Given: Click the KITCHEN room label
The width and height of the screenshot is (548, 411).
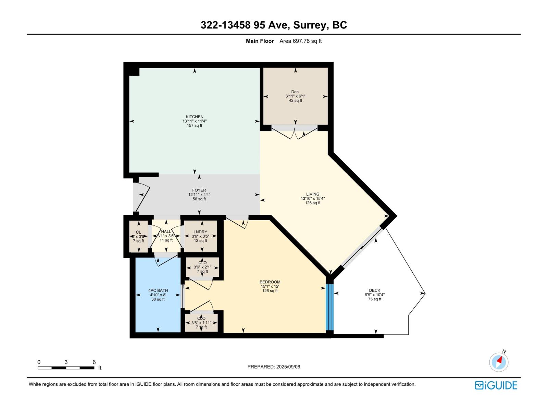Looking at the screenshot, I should (195, 117).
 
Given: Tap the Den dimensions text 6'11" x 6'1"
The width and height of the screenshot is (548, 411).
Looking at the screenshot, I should (295, 96).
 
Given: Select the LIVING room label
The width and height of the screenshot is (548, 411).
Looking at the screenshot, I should (312, 194).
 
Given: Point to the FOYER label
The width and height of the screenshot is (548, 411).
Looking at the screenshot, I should (199, 190).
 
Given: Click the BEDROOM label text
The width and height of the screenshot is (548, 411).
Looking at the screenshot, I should (270, 282).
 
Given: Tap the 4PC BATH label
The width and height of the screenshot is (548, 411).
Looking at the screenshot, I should (158, 290).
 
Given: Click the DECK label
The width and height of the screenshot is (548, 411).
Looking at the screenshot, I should (374, 290).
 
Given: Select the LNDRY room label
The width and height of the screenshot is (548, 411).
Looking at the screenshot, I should (200, 232).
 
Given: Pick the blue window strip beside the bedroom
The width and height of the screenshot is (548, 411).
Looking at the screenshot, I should (329, 307).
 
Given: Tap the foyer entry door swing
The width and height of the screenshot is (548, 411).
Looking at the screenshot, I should (142, 198).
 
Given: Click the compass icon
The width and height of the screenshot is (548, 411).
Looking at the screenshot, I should (499, 362).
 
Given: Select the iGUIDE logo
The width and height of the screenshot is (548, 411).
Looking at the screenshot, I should (496, 385).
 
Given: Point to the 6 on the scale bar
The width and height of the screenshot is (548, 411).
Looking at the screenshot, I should (94, 362).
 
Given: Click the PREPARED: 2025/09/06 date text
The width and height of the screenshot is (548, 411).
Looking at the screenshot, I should (274, 367).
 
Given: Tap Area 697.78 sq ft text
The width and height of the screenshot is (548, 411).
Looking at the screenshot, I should (300, 41).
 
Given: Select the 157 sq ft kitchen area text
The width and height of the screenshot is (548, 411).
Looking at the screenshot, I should (195, 126).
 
